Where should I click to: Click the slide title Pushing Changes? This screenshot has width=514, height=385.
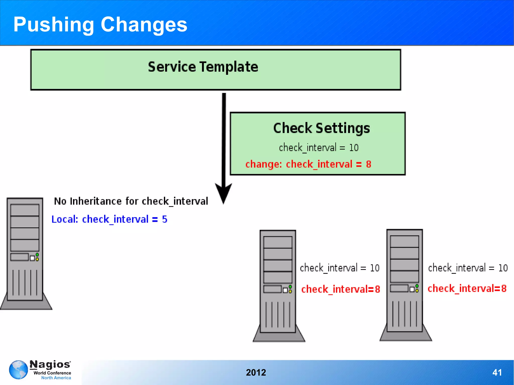pos(100,24)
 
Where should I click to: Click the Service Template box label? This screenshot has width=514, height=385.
pos(203,67)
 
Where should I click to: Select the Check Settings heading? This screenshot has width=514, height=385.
pos(321,128)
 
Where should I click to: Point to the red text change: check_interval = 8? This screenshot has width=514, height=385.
pos(308,164)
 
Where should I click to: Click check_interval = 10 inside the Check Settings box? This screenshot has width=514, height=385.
pos(318,148)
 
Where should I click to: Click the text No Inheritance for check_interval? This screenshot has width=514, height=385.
pos(131,201)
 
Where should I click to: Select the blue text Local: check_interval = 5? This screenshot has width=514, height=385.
pos(109,219)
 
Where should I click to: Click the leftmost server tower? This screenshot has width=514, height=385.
pos(25,251)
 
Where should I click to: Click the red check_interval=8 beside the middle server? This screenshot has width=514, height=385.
pos(341,289)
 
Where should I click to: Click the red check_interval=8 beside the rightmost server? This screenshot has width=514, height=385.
pos(467,288)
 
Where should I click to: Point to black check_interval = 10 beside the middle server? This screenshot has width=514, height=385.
pos(340,268)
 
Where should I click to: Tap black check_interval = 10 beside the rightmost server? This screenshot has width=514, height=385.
pos(468,268)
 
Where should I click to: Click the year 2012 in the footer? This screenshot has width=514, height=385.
pos(256,372)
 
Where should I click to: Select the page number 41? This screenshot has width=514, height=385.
pos(497,372)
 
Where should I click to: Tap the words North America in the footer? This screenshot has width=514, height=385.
pos(56,378)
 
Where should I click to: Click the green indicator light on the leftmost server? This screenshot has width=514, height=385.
pos(37,255)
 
